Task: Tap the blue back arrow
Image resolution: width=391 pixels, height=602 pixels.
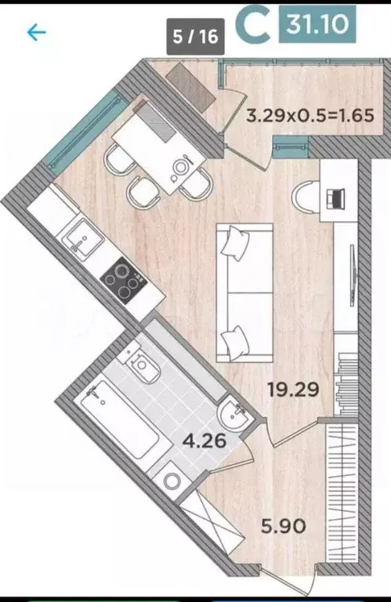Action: click(36, 32)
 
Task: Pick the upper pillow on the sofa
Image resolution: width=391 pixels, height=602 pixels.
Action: click(234, 245)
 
